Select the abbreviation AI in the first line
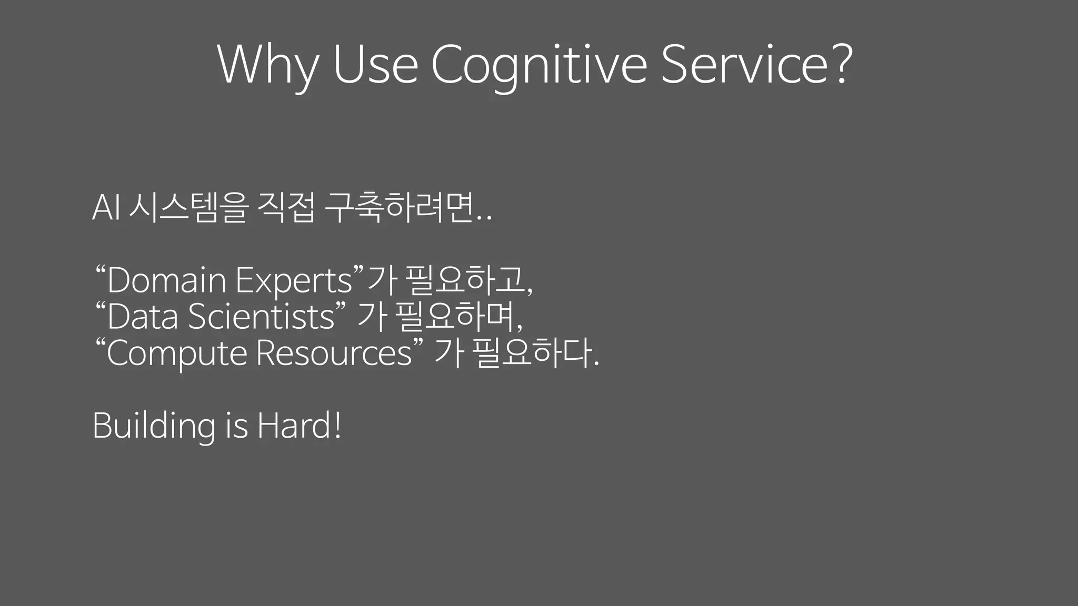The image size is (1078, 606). pyautogui.click(x=107, y=207)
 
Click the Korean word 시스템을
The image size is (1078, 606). pyautogui.click(x=188, y=207)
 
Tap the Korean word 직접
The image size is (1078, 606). pyautogui.click(x=286, y=207)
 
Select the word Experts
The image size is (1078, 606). pyautogui.click(x=293, y=280)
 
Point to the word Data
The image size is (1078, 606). pyautogui.click(x=142, y=317)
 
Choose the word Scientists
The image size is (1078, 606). pyautogui.click(x=261, y=317)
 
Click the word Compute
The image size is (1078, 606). pyautogui.click(x=177, y=352)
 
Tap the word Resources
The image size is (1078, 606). pyautogui.click(x=334, y=352)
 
